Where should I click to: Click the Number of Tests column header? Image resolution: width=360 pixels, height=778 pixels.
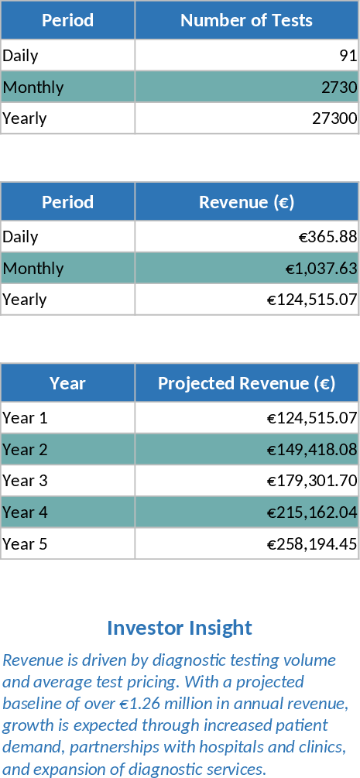[246, 20]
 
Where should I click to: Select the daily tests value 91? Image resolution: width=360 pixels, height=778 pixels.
[348, 56]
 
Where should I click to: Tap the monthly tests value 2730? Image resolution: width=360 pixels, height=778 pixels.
[338, 87]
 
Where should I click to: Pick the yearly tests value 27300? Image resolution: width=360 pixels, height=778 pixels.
[334, 118]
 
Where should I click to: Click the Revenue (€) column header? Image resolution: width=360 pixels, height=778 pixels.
[246, 202]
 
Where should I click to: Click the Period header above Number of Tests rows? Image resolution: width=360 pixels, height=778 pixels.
[67, 20]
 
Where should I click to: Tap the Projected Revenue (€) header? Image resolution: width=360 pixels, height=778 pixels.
[246, 383]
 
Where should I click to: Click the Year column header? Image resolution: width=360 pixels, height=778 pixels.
[67, 383]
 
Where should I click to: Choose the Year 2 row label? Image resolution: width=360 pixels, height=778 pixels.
[25, 450]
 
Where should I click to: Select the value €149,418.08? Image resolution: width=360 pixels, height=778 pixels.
[312, 450]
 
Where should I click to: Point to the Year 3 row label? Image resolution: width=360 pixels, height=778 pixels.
[25, 481]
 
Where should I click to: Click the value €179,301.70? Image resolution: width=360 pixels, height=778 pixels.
[312, 481]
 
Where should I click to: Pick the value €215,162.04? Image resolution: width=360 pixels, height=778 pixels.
[312, 512]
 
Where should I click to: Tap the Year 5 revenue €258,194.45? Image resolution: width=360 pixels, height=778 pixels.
[312, 544]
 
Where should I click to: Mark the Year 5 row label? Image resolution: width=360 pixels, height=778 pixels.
[25, 544]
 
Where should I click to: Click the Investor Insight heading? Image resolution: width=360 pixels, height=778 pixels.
[180, 628]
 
